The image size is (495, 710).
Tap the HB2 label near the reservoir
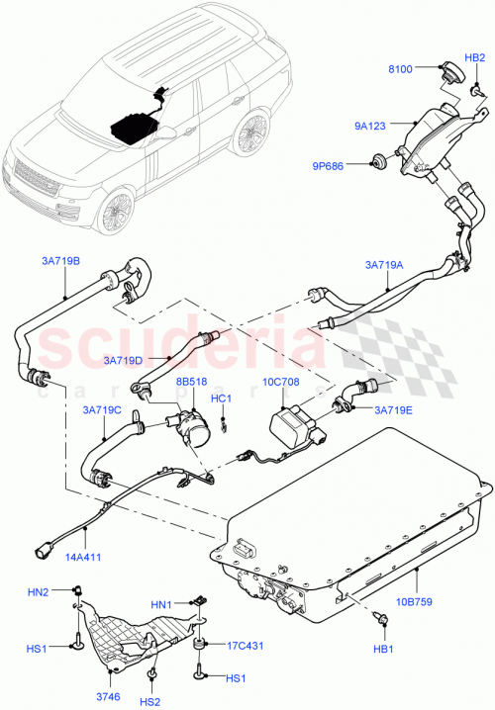(x=475, y=57)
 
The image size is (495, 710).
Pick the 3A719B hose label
(x=61, y=261)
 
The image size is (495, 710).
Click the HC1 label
(x=222, y=399)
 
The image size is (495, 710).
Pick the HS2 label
(x=149, y=701)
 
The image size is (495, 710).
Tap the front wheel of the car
(x=115, y=211)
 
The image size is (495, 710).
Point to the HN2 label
(x=39, y=592)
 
